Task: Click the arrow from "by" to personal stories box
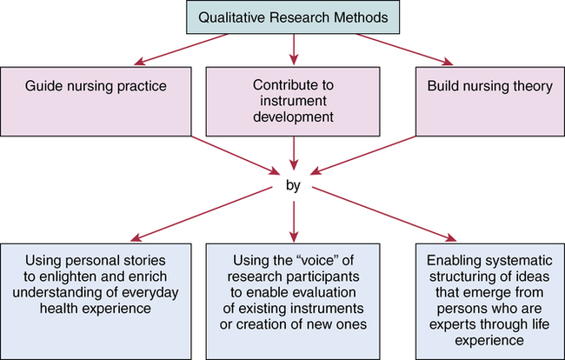tap(209, 213)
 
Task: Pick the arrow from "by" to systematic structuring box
tap(382, 213)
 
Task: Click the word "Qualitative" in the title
tap(229, 18)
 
